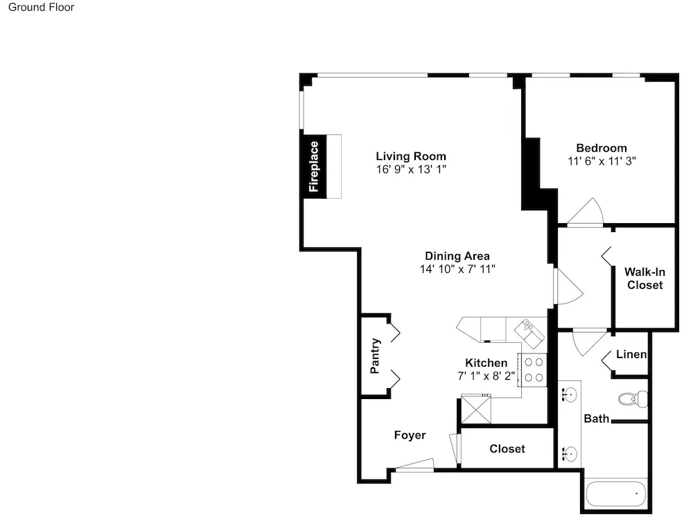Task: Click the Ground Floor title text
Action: click(x=41, y=7)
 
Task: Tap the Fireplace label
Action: click(x=314, y=166)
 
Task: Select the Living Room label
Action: click(x=411, y=156)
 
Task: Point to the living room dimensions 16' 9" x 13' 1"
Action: click(x=411, y=169)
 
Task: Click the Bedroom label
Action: click(x=602, y=148)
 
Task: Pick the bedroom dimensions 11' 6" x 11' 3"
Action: click(x=602, y=161)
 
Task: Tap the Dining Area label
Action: click(x=457, y=256)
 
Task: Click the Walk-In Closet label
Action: click(x=644, y=279)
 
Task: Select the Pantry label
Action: click(x=375, y=356)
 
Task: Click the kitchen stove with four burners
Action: click(x=532, y=371)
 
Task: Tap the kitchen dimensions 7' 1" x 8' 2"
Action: click(x=486, y=376)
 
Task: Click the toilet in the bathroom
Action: click(x=633, y=399)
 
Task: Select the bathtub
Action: click(x=615, y=493)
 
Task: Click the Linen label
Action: click(x=631, y=354)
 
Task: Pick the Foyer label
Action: click(x=410, y=435)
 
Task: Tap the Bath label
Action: click(x=596, y=418)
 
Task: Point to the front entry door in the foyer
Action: click(x=414, y=465)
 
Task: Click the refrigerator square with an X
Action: click(x=475, y=409)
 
